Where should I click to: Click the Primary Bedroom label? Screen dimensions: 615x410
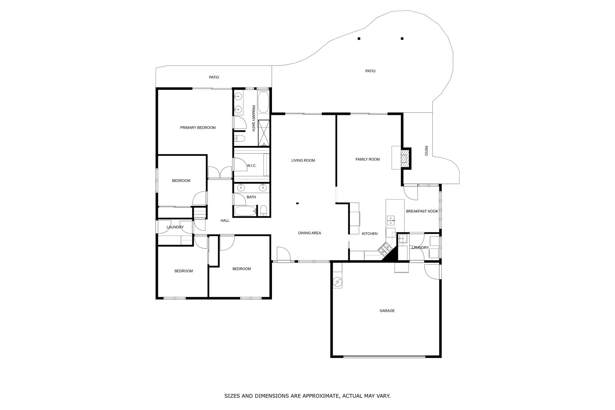click(x=198, y=128)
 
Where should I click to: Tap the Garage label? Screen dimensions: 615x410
click(x=387, y=311)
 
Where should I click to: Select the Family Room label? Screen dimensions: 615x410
click(x=368, y=160)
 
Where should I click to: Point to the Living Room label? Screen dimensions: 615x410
click(x=303, y=161)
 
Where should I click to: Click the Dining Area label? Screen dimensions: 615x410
click(x=310, y=233)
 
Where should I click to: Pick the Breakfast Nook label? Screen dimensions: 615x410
click(x=422, y=211)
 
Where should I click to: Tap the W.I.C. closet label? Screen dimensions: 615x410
click(x=251, y=166)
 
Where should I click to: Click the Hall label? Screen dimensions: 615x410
click(x=225, y=221)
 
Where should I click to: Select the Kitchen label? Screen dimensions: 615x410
click(x=370, y=234)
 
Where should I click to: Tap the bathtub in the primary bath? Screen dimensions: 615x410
click(x=263, y=102)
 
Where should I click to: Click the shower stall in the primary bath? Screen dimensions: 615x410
click(x=263, y=133)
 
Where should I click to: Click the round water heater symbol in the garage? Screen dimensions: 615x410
click(x=337, y=282)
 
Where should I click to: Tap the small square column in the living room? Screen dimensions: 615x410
click(x=297, y=204)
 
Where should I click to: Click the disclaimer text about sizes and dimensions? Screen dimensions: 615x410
click(x=307, y=396)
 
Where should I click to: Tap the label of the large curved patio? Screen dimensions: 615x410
click(x=370, y=71)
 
